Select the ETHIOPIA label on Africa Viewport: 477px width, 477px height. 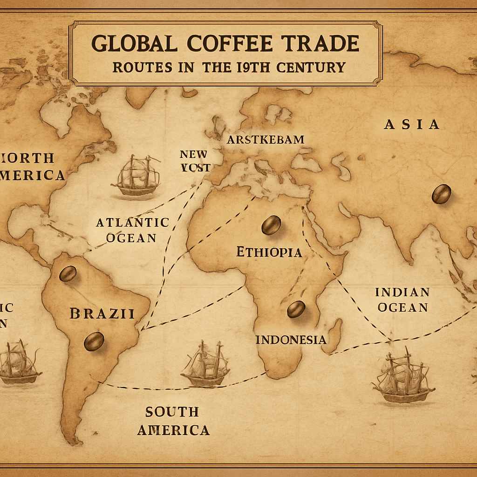coord(269,252)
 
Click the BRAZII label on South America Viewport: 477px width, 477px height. coord(102,313)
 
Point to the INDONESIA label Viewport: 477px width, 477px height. coord(291,340)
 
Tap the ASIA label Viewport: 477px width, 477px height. coord(412,124)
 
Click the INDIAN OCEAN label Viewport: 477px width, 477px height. coord(402,300)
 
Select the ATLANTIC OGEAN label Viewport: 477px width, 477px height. coord(132,230)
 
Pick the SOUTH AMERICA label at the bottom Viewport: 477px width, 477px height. coord(173,421)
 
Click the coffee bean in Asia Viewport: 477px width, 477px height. coord(441,194)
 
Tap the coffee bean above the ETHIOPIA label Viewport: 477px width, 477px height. coord(271,225)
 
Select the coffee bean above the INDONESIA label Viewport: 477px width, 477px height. coord(296,309)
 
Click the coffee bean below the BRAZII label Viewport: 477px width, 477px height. coord(94,341)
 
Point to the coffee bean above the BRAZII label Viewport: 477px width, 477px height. coord(68,273)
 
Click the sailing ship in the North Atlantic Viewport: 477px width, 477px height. coord(137,176)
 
